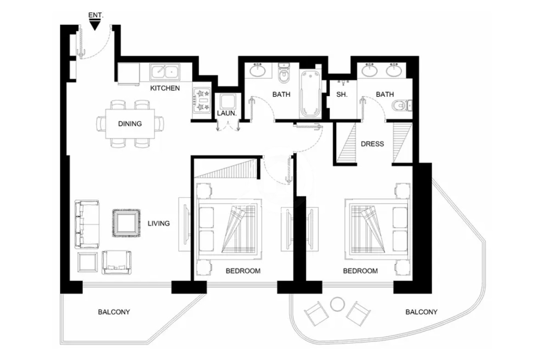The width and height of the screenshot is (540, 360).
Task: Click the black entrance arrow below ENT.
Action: pyautogui.click(x=95, y=25)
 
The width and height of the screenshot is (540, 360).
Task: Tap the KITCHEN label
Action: pyautogui.click(x=165, y=88)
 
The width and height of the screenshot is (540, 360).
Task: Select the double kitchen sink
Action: pyautogui.click(x=165, y=72)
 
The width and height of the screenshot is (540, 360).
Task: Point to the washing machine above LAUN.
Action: pyautogui.click(x=227, y=101)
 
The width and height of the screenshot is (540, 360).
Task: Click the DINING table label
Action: pyautogui.click(x=130, y=124)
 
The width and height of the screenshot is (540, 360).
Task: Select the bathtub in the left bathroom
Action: pyautogui.click(x=310, y=94)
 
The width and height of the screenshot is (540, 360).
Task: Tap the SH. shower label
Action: pyautogui.click(x=342, y=94)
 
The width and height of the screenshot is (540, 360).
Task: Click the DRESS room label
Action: pyautogui.click(x=372, y=144)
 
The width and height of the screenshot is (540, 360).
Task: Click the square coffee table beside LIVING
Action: pyautogui.click(x=126, y=223)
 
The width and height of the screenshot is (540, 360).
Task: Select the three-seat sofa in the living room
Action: pyautogui.click(x=87, y=224)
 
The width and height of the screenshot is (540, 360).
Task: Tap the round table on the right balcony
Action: pyautogui.click(x=338, y=304)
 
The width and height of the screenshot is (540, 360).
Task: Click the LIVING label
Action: pyautogui.click(x=159, y=224)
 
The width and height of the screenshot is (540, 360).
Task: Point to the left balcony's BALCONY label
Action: pyautogui.click(x=114, y=312)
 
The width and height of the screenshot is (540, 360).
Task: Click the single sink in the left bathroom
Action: pyautogui.click(x=258, y=70)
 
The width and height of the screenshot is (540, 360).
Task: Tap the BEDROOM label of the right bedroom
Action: pyautogui.click(x=360, y=271)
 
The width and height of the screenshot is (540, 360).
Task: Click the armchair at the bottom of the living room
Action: pyautogui.click(x=117, y=262)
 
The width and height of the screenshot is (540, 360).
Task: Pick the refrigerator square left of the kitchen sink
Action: pyautogui.click(x=128, y=74)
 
